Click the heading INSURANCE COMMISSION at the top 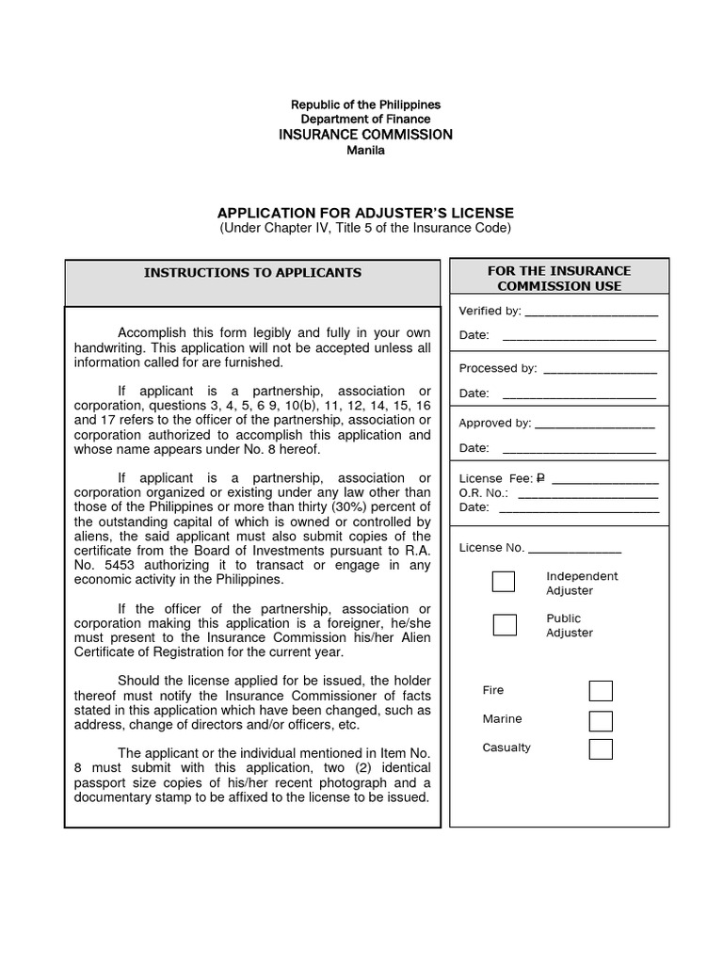coord(365,135)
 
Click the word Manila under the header coord(365,151)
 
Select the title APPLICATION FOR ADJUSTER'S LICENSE coord(365,213)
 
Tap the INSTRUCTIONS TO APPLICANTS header coord(252,273)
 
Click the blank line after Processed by coord(600,371)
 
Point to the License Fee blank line coord(604,481)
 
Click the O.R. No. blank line coord(587,494)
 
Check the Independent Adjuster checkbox coord(504,582)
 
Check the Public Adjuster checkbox coord(505,625)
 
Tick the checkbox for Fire coord(601,691)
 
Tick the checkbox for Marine coord(601,721)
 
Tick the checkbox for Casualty coord(601,749)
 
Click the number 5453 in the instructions coord(115,565)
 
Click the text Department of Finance coord(365,120)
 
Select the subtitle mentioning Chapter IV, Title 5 coord(365,229)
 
